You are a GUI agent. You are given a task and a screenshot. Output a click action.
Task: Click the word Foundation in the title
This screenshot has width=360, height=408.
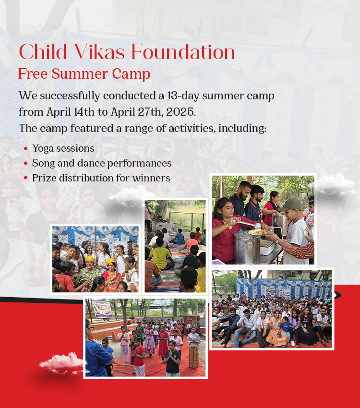click(183, 52)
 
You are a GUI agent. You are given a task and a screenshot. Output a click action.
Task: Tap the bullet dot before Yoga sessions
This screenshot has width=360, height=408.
click(25, 149)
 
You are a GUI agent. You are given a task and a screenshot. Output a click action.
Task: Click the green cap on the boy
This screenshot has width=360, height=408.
click(291, 205)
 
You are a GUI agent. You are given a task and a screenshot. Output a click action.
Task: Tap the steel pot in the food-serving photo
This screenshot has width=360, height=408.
click(247, 247)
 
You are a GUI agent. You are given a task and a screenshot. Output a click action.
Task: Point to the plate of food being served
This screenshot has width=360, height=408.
click(258, 232)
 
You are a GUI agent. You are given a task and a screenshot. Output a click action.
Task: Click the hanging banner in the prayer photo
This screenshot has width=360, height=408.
click(103, 309)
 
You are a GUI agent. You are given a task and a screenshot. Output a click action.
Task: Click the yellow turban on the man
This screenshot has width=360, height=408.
click(90, 259)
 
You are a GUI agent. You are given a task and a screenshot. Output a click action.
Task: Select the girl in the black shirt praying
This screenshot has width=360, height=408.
click(172, 358)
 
